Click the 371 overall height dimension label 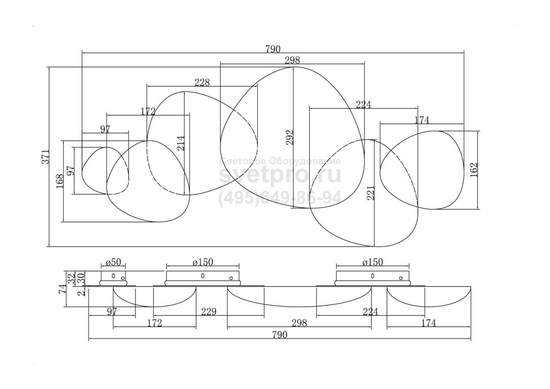point(46,157)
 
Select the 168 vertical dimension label point(60,181)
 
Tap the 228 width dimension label point(202,83)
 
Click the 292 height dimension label point(290,137)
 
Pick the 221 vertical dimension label point(370,193)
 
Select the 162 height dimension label point(474,170)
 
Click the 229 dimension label point(209,312)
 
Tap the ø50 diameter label point(113,262)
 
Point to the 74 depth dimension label point(62,289)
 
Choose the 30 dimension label point(81,278)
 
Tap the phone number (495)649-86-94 point(280,198)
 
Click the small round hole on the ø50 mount point(123,278)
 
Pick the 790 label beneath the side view point(280,334)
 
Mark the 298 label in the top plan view point(292,60)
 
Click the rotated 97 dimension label point(71,171)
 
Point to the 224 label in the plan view point(364,104)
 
